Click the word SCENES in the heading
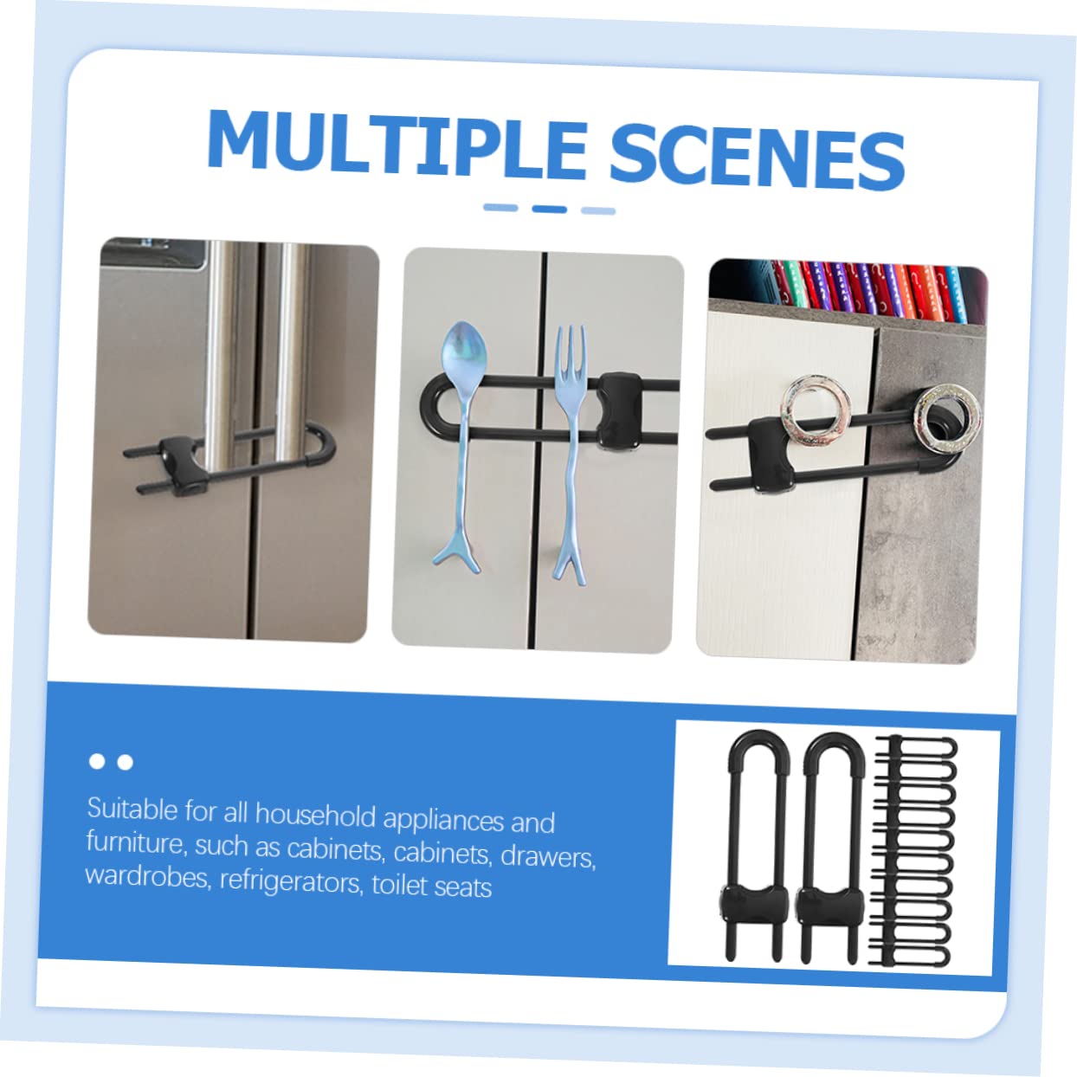coord(758,156)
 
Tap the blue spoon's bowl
coord(463,351)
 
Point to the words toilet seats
coord(431,887)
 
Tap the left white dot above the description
coord(97,761)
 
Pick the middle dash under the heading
coord(550,210)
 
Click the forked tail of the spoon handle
coord(456,559)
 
